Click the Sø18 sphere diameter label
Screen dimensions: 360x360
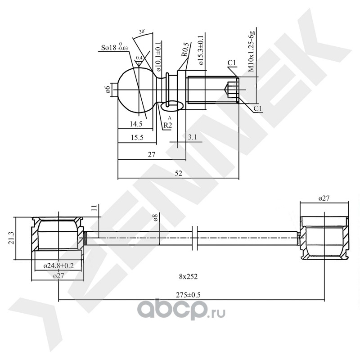[x=115, y=47]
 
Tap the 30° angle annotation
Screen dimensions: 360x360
[x=142, y=32]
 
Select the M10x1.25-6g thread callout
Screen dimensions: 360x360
[x=252, y=52]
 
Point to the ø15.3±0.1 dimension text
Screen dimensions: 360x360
[x=200, y=50]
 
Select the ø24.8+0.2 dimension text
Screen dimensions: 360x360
[x=59, y=265]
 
